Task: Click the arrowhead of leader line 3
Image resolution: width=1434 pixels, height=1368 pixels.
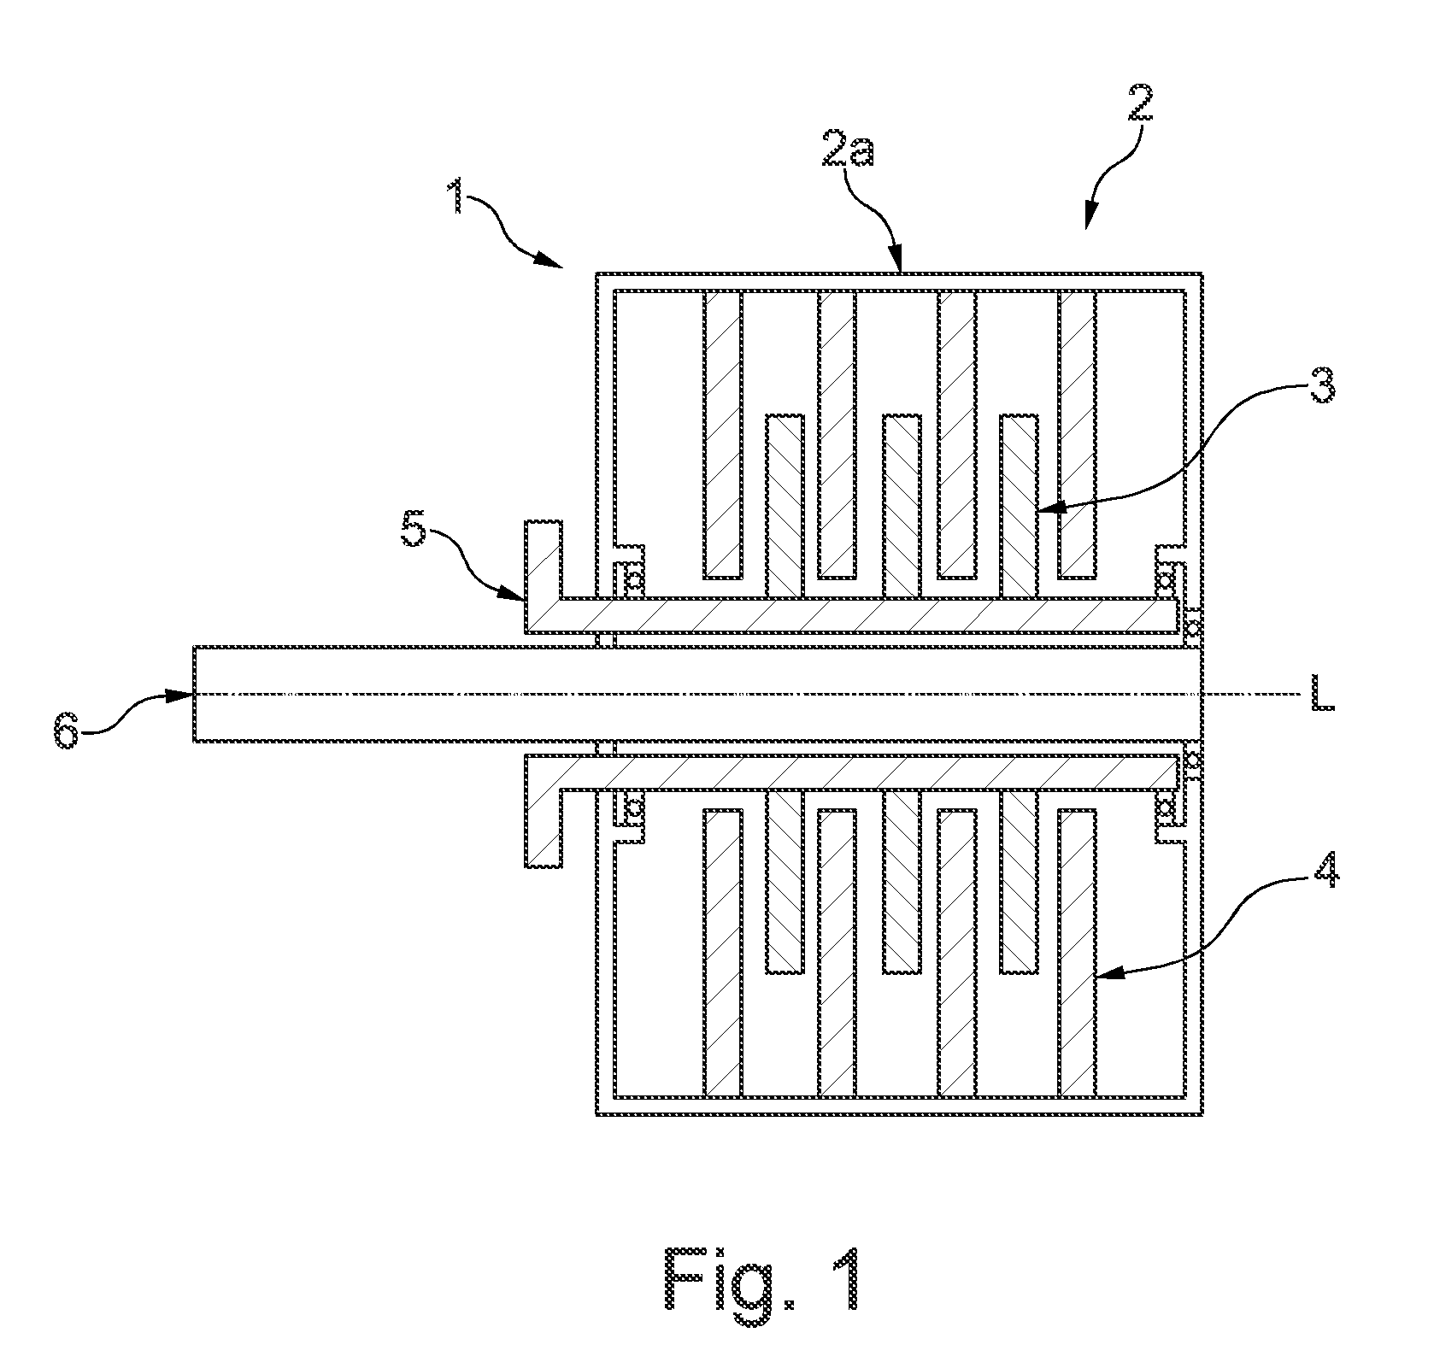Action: tap(1046, 511)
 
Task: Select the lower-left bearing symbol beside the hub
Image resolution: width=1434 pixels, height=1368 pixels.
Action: tap(633, 807)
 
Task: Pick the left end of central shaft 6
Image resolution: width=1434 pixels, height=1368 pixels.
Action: tap(195, 694)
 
